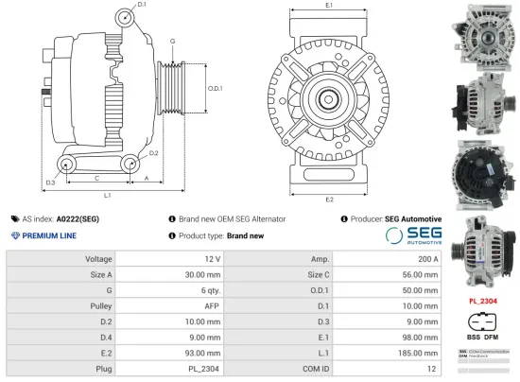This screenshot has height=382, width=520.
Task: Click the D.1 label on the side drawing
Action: click(x=142, y=6)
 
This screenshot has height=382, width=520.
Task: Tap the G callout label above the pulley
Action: click(x=172, y=42)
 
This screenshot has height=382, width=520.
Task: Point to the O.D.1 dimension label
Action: click(x=215, y=89)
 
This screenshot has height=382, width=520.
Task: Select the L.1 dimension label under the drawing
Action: click(x=108, y=196)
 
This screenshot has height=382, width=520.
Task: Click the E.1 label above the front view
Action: click(x=329, y=6)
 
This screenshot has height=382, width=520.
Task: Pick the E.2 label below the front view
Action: click(x=329, y=200)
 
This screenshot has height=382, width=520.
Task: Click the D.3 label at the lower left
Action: click(x=50, y=182)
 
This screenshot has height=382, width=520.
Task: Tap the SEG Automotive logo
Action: click(x=413, y=235)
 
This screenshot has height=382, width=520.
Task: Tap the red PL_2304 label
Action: click(x=482, y=301)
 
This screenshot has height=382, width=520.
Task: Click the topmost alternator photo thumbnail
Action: click(x=483, y=34)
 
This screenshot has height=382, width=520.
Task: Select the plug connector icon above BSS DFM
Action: click(x=482, y=319)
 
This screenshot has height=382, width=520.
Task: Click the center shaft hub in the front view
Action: click(x=329, y=97)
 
